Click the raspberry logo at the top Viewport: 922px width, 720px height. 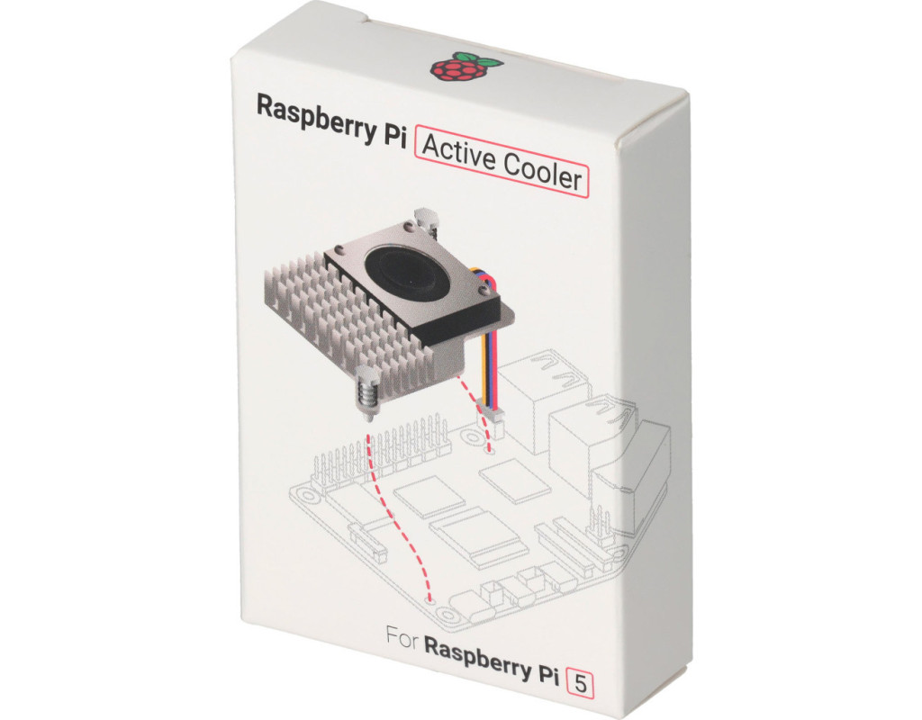point(465,66)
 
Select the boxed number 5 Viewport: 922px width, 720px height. point(580,684)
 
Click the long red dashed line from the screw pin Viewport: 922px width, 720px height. point(400,517)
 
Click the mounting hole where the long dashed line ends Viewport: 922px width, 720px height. point(430,601)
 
